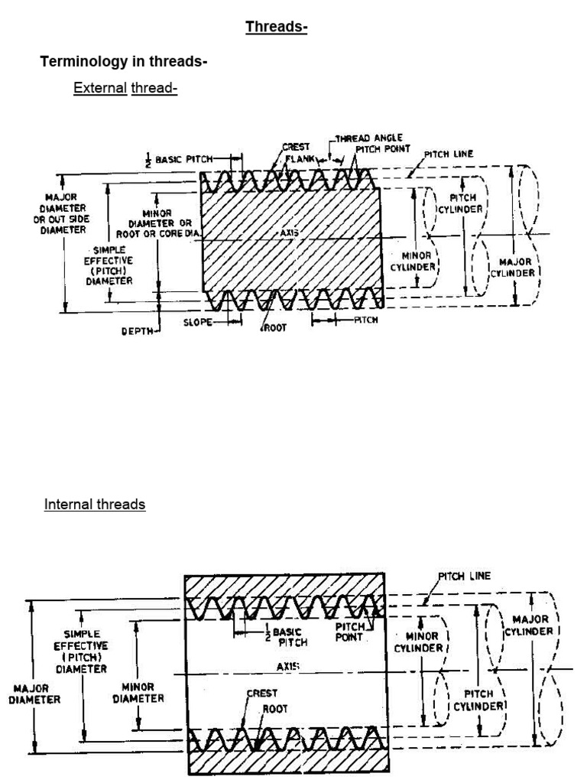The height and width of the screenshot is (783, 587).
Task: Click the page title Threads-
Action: [276, 28]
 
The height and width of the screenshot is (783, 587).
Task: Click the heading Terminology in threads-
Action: [124, 62]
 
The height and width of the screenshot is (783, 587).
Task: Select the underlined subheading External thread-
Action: [125, 88]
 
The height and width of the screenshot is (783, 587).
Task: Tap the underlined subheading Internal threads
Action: [95, 504]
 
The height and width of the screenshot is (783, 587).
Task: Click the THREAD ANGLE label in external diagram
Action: [372, 138]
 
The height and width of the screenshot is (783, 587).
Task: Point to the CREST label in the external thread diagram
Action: [295, 147]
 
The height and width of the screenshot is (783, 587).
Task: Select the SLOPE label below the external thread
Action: [197, 322]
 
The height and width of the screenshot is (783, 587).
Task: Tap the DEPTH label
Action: [138, 331]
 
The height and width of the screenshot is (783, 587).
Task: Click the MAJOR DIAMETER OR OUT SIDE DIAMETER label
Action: [63, 213]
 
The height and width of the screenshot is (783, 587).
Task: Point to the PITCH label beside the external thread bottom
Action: [365, 320]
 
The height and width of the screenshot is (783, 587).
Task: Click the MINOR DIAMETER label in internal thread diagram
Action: [138, 692]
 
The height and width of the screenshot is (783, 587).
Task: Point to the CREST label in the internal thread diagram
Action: [261, 694]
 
